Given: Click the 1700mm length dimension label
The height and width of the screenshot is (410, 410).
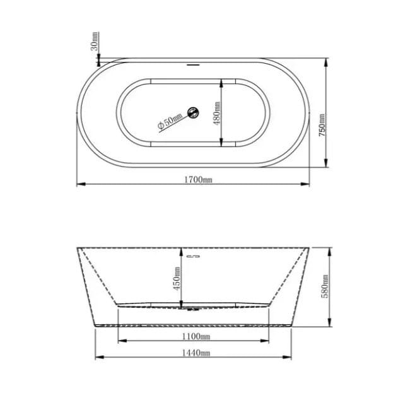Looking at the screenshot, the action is [x=198, y=180].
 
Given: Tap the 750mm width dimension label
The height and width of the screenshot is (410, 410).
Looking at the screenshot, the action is [x=322, y=125].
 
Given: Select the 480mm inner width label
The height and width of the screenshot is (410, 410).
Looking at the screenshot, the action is [x=217, y=114].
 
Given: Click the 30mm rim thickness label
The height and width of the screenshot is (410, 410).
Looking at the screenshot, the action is [x=95, y=41].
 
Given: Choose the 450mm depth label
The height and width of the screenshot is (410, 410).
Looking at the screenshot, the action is [x=177, y=278].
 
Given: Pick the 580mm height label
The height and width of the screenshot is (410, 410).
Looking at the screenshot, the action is [x=324, y=286].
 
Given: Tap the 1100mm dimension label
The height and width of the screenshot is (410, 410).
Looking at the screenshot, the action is [x=196, y=336].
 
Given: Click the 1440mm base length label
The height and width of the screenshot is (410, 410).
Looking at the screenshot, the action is [x=196, y=353].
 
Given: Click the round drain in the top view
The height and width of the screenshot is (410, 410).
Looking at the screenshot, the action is [x=193, y=113].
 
